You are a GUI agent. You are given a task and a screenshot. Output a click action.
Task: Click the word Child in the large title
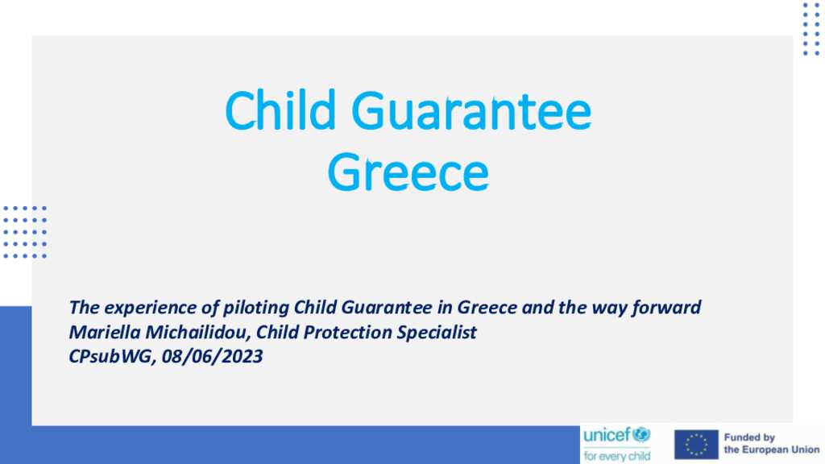pos(280,110)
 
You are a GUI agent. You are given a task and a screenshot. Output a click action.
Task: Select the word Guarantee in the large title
pos(471,111)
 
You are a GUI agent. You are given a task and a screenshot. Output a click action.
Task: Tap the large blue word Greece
pos(408,172)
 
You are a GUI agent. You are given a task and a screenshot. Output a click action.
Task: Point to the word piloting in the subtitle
pos(256,308)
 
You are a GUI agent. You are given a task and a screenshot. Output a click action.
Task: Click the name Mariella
pos(105,332)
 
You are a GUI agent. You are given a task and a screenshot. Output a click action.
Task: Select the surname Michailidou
pos(197,333)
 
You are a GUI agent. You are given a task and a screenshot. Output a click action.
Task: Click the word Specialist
pos(437,333)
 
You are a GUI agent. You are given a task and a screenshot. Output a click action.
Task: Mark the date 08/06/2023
pos(213,357)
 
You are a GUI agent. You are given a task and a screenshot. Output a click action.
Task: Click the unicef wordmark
pos(607,435)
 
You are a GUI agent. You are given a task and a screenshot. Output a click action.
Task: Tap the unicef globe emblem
pos(641,434)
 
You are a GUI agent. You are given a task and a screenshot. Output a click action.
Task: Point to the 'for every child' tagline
pos(616,456)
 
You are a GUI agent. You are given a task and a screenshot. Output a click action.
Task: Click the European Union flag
pos(696,445)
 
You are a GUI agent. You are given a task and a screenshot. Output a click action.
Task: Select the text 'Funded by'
pos(749,437)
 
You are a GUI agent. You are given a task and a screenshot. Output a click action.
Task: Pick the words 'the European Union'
pos(772,449)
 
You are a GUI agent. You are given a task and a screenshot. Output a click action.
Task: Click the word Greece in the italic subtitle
pos(487,307)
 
